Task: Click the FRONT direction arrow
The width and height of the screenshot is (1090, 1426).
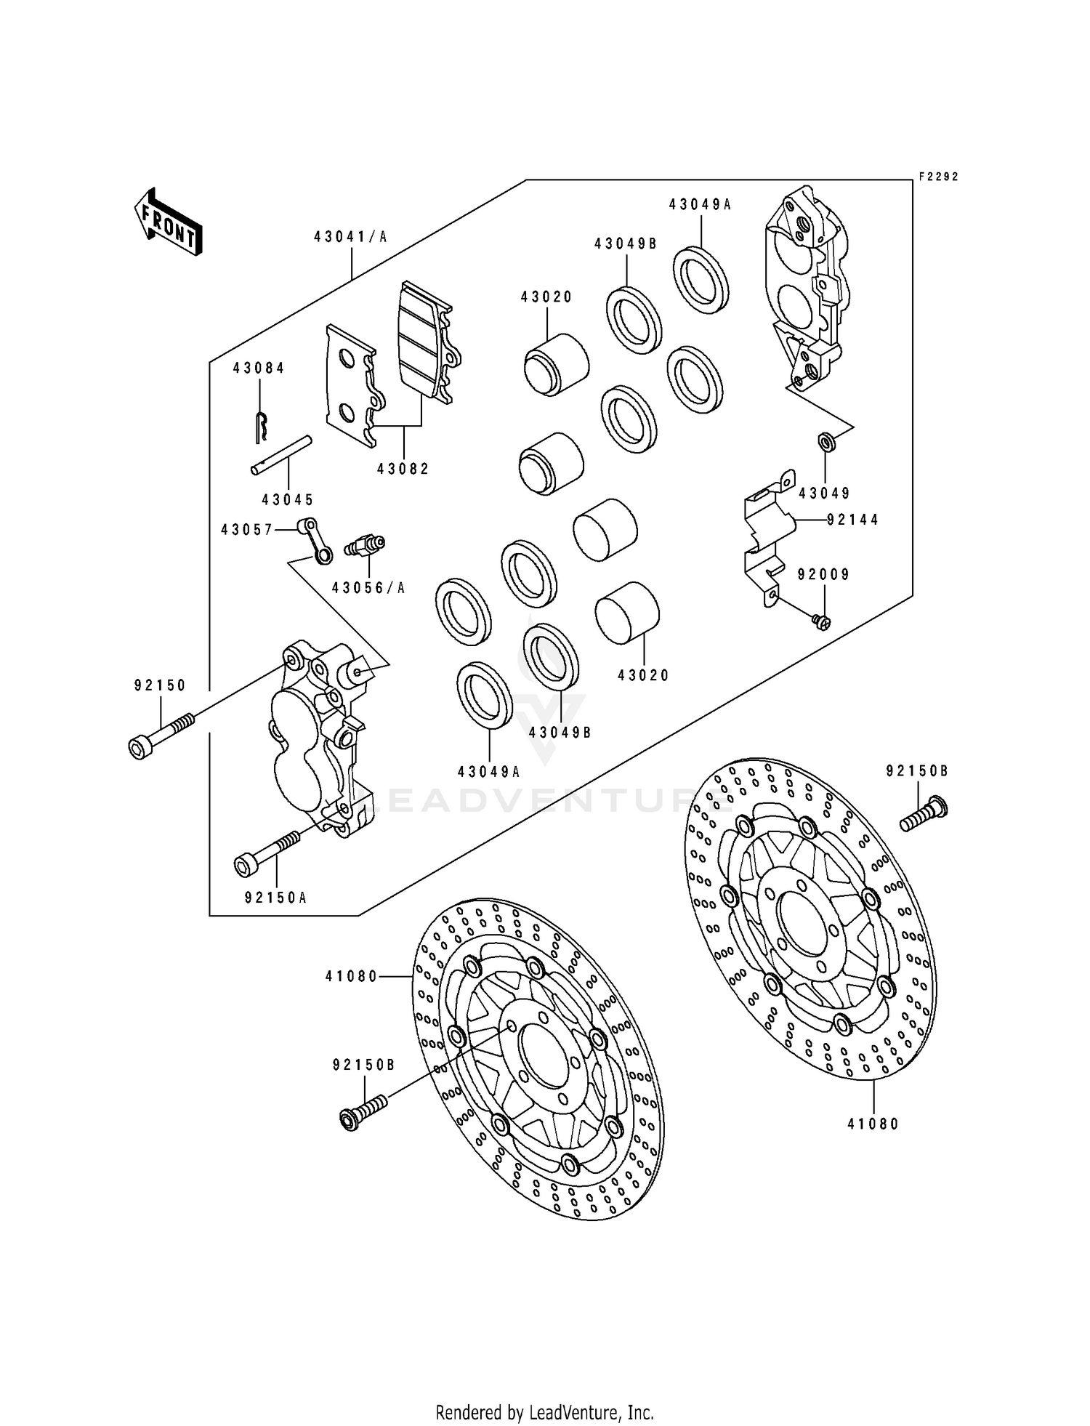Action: click(168, 222)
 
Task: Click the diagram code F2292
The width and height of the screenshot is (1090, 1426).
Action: click(938, 177)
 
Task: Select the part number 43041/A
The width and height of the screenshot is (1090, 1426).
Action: click(351, 236)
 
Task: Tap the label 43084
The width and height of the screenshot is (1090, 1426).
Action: click(259, 368)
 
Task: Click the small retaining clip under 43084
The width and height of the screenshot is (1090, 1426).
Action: click(262, 426)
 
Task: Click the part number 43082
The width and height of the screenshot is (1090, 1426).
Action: click(403, 470)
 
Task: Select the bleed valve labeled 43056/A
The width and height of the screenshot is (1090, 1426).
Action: click(366, 544)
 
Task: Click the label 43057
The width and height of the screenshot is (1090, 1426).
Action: click(246, 530)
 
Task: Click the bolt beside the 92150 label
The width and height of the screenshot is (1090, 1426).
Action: click(161, 735)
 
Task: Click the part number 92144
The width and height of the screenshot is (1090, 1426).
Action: click(852, 520)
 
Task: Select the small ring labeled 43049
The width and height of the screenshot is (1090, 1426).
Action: click(825, 440)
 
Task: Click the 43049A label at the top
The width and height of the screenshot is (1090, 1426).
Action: click(700, 205)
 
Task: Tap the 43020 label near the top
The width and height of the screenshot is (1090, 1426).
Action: click(546, 297)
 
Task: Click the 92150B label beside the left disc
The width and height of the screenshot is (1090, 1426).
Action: click(363, 1065)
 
